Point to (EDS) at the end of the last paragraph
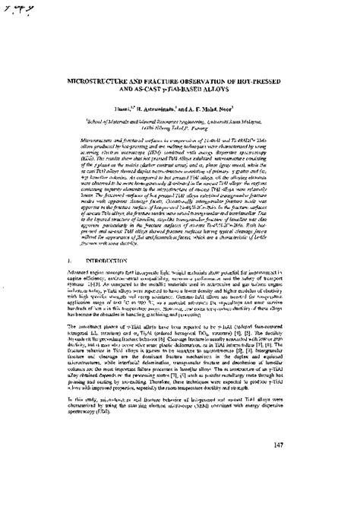point(95,429)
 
